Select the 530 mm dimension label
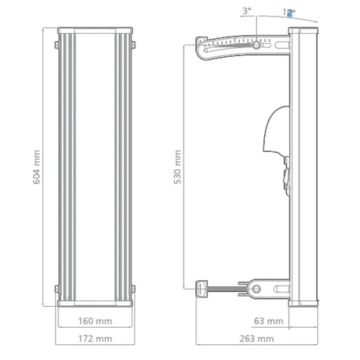pos(179,167)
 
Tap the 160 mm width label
pos(95,321)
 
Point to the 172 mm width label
pos(95,338)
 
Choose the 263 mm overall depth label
pos(256,338)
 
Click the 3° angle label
pos(247,12)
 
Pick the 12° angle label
pos(289,12)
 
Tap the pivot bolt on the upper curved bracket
pos(256,45)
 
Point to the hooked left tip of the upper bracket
pos(199,50)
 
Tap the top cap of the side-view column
pos(305,31)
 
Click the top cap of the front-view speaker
pos(95,31)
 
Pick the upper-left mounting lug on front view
pos(56,45)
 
